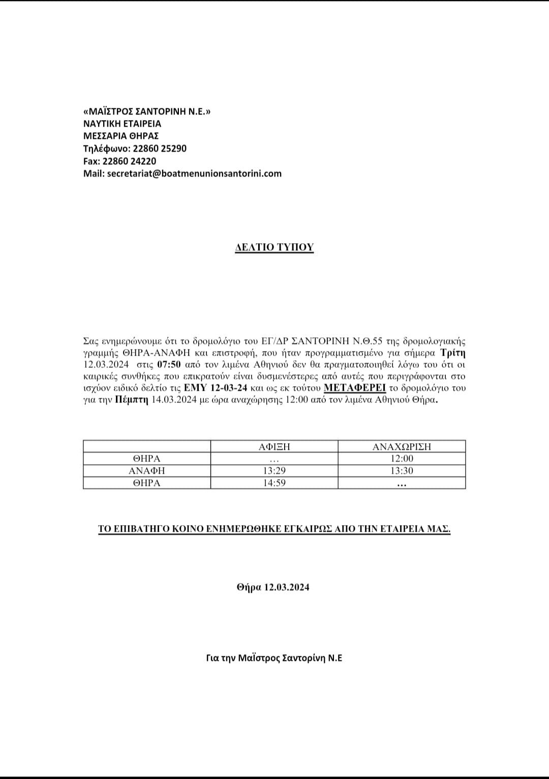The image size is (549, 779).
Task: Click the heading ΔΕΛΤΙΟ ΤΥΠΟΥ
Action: (x=274, y=247)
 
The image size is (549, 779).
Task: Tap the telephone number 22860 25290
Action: (x=160, y=149)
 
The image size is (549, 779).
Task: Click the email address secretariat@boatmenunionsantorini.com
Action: (x=194, y=174)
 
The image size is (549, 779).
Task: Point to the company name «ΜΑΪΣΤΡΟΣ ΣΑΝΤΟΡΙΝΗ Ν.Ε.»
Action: (x=146, y=111)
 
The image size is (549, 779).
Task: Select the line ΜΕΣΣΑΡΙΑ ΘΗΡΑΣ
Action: (x=121, y=136)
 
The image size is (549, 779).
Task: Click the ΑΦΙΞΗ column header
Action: (x=274, y=447)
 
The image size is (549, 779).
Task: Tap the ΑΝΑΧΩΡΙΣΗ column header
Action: (x=402, y=447)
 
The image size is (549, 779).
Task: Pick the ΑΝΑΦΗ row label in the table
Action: (x=146, y=471)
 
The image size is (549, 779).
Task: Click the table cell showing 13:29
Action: (x=274, y=471)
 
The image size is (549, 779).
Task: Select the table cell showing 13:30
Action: (x=402, y=471)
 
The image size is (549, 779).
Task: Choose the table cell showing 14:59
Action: (x=274, y=483)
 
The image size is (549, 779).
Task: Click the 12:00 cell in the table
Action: (x=402, y=459)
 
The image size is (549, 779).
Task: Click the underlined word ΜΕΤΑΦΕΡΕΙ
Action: (x=355, y=388)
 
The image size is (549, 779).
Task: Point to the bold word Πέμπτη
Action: (x=132, y=400)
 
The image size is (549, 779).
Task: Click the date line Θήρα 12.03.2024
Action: (x=273, y=587)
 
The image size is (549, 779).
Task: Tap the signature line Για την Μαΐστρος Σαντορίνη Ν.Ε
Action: (x=274, y=658)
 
